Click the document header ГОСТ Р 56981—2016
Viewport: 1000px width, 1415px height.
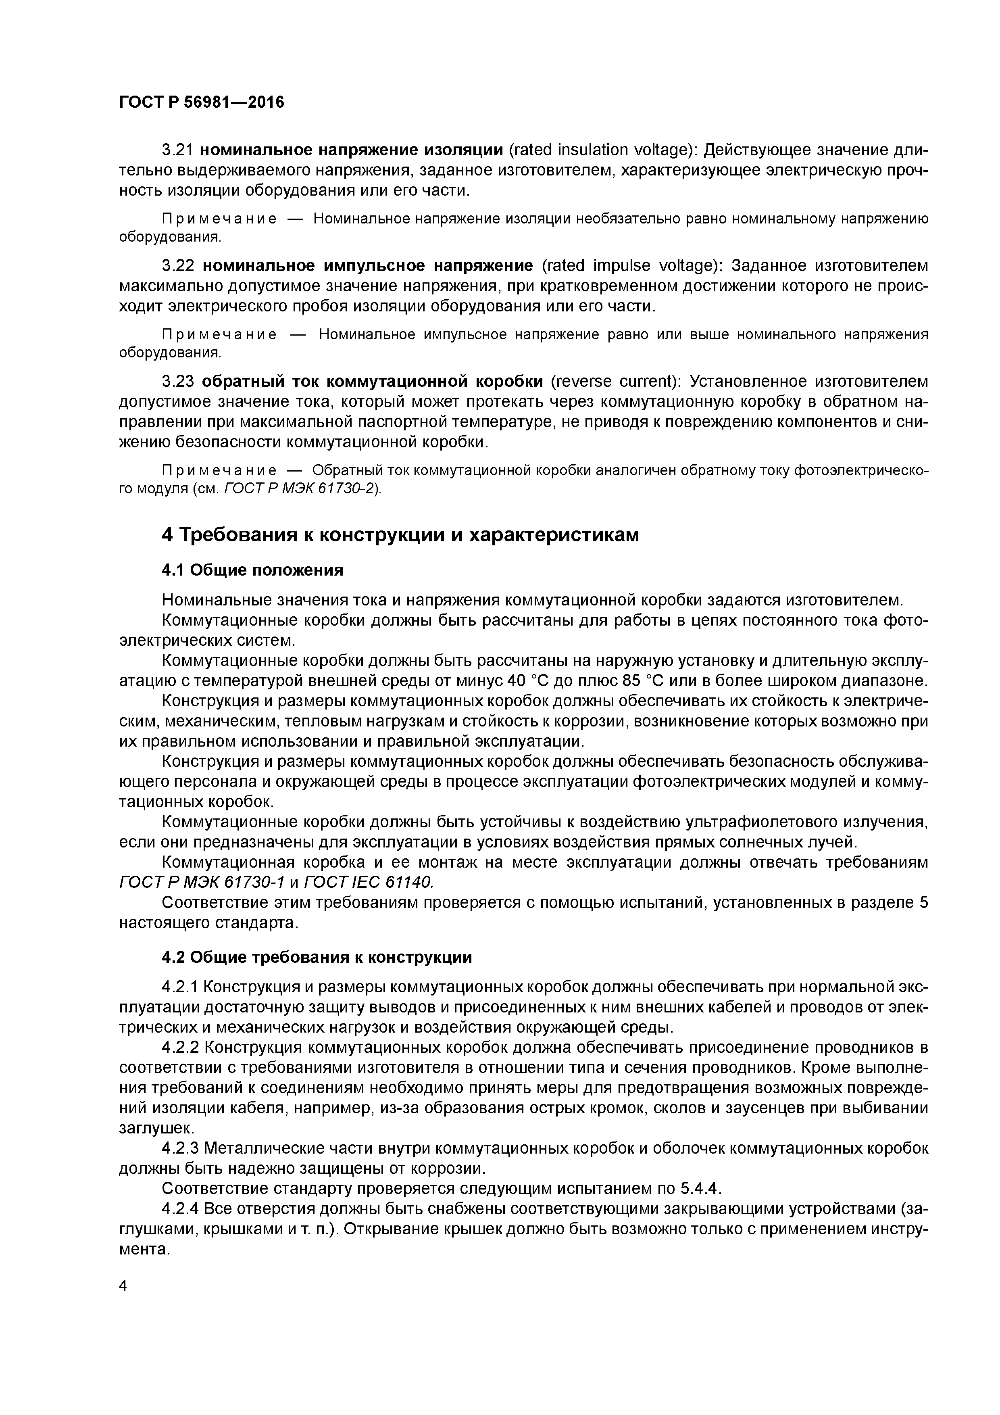point(202,102)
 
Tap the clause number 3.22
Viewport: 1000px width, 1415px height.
point(178,266)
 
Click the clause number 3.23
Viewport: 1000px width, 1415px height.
point(178,382)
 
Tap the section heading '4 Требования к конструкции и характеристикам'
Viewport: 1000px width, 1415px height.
point(400,534)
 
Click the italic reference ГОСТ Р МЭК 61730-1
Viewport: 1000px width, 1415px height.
point(202,883)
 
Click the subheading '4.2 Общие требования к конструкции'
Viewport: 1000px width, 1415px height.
point(317,957)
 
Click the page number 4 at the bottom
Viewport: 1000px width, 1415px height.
point(123,1286)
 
